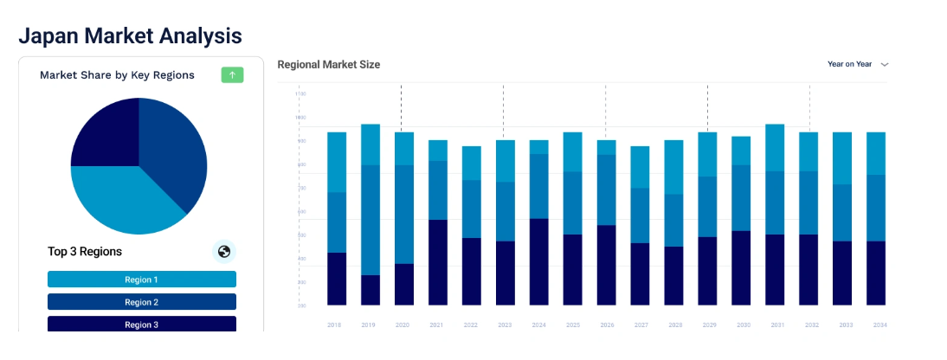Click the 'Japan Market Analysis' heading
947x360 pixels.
130,35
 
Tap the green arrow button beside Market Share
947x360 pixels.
232,75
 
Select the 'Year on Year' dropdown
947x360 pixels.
857,64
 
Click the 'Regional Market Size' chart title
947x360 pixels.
328,64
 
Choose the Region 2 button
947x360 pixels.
142,302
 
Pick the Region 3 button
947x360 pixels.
142,324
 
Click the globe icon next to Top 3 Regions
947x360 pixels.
224,252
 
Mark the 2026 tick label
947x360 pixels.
607,325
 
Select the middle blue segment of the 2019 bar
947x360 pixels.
370,220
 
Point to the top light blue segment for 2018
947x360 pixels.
337,162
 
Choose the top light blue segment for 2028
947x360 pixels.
674,167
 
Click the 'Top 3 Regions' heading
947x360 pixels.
85,252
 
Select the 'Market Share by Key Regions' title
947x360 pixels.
117,75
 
